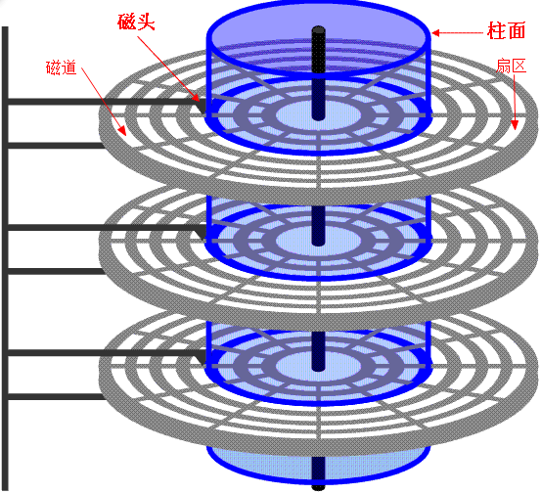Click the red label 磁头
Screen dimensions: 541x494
coord(136,22)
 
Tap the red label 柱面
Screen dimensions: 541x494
coord(506,30)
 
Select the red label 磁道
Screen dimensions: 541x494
coord(61,67)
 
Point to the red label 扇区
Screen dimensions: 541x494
coord(511,66)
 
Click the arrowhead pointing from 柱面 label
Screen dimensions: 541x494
coord(435,33)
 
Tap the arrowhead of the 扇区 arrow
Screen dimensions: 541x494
coord(515,125)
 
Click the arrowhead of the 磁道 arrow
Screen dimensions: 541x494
coord(122,131)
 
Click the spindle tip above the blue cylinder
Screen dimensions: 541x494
coord(319,29)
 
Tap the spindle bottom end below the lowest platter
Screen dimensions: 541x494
coord(318,487)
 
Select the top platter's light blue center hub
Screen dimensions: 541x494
coord(318,114)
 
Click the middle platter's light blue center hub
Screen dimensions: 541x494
coord(318,241)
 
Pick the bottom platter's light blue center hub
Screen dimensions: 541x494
coord(318,366)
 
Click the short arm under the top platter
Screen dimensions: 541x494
coord(56,146)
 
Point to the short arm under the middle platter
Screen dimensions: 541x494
coord(56,271)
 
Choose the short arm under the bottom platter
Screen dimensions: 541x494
coord(56,397)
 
